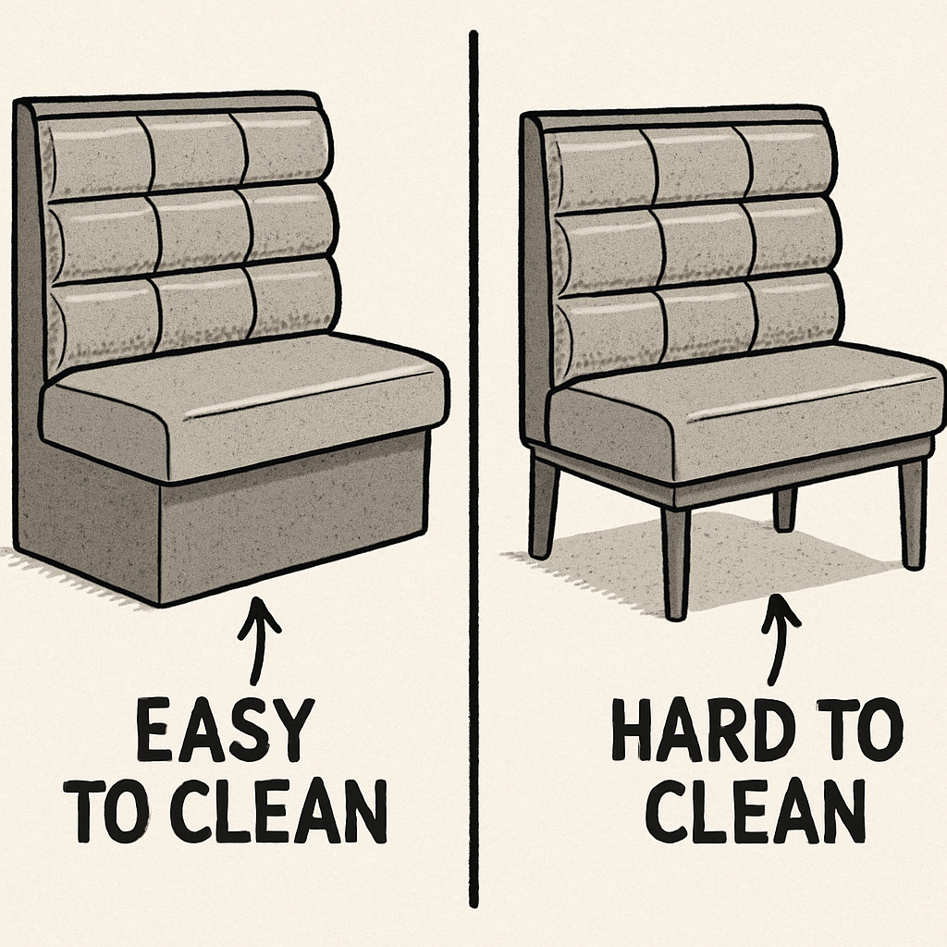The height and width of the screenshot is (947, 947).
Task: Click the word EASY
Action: tap(224, 731)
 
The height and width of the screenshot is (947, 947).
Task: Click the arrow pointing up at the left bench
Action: tap(259, 640)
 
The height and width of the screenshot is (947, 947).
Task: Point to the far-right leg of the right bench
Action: tap(912, 514)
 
